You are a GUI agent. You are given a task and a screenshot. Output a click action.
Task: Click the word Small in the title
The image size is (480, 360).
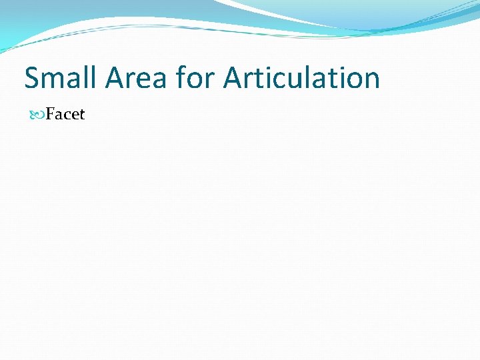pyautogui.click(x=61, y=78)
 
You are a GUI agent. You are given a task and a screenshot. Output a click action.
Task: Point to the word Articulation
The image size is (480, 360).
pyautogui.click(x=301, y=78)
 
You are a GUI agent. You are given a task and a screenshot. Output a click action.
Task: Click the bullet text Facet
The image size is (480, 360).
pyautogui.click(x=65, y=115)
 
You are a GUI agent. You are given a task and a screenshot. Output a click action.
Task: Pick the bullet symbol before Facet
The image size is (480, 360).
pyautogui.click(x=37, y=115)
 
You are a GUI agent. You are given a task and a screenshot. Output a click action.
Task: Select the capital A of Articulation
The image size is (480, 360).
pyautogui.click(x=233, y=78)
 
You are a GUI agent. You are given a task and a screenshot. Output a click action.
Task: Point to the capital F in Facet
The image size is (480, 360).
pyautogui.click(x=51, y=115)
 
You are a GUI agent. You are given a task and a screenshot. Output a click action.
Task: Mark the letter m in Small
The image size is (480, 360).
pyautogui.click(x=54, y=80)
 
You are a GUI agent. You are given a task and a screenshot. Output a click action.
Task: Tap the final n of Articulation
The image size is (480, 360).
pyautogui.click(x=371, y=80)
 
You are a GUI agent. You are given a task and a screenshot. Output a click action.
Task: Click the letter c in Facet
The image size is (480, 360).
pyautogui.click(x=67, y=116)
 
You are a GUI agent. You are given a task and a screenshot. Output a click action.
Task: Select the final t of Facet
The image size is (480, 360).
pyautogui.click(x=82, y=115)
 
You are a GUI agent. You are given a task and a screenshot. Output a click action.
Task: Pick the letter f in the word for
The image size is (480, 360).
pyautogui.click(x=181, y=78)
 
